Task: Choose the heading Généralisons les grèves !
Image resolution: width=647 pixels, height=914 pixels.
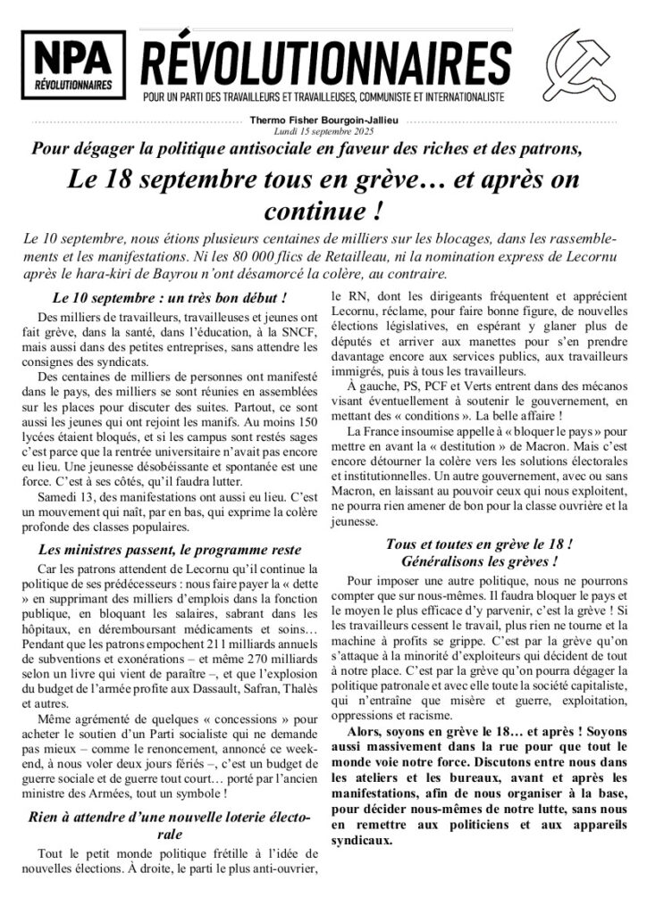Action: [479, 562]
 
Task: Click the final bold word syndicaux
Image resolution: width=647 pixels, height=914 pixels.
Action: [361, 840]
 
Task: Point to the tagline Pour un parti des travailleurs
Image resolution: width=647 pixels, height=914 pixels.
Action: [323, 95]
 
